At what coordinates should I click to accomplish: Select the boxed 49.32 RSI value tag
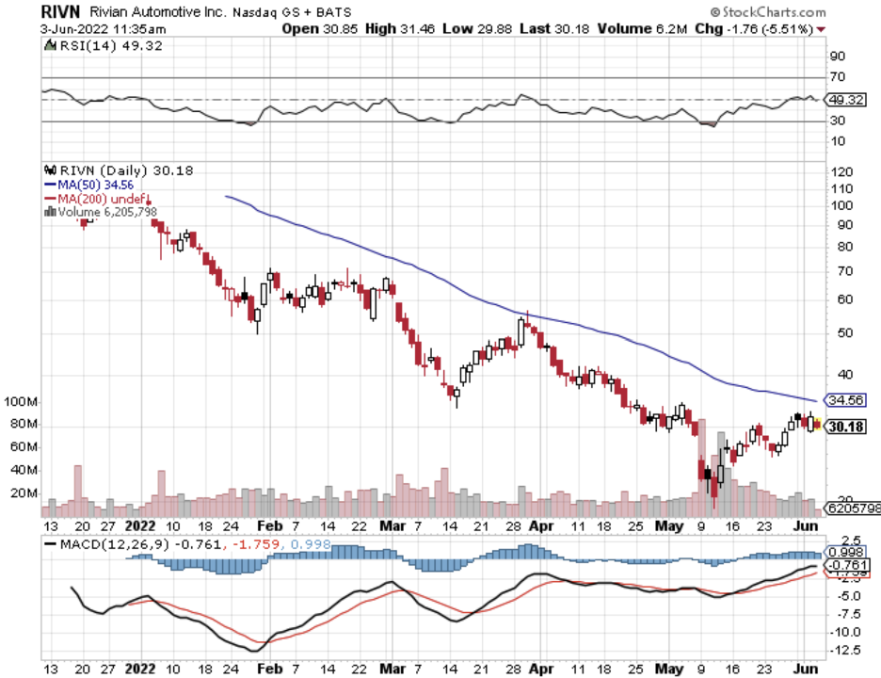[844, 99]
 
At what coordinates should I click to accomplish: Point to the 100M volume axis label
[20, 402]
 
